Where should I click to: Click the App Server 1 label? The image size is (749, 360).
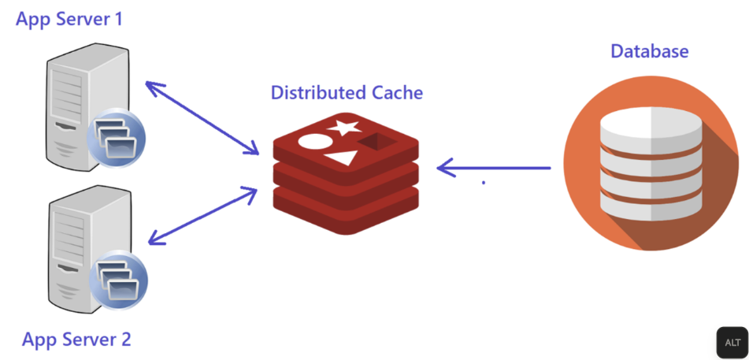pyautogui.click(x=69, y=19)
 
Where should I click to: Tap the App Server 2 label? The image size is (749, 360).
pyautogui.click(x=76, y=340)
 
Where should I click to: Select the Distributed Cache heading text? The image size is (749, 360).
pyautogui.click(x=347, y=92)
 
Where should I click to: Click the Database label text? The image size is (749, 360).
pyautogui.click(x=650, y=51)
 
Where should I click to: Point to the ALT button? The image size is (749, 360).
pyautogui.click(x=732, y=342)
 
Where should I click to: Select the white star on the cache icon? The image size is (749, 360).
pyautogui.click(x=343, y=126)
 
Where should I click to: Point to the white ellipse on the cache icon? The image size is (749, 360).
pyautogui.click(x=310, y=143)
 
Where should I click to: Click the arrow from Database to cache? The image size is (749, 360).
pyautogui.click(x=494, y=168)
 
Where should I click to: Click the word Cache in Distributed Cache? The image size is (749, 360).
pyautogui.click(x=398, y=92)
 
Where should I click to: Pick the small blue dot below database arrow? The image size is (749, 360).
pyautogui.click(x=484, y=184)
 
